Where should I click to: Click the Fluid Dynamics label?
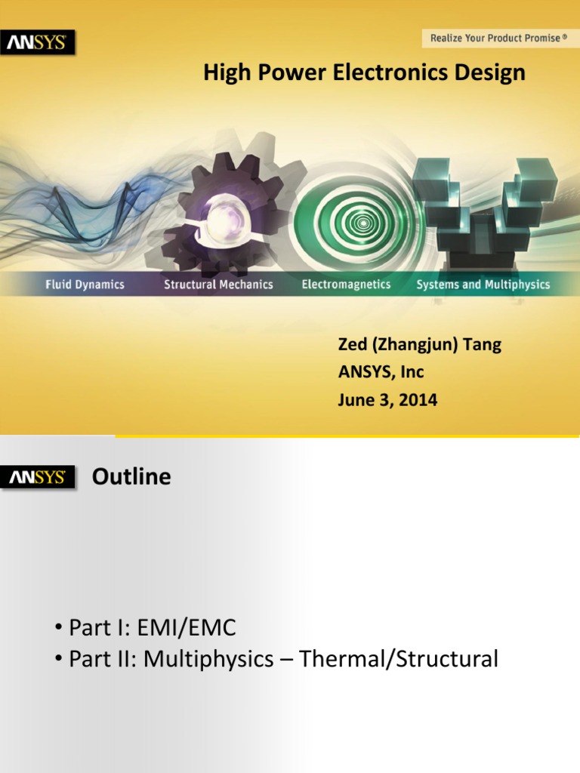(84, 285)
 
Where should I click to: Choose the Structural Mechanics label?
(218, 285)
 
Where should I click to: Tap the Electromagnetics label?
(346, 285)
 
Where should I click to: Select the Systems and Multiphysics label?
(483, 285)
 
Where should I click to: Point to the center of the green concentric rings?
(364, 223)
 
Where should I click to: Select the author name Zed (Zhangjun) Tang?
(419, 346)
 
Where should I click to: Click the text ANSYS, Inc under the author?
(381, 372)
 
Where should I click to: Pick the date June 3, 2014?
(387, 400)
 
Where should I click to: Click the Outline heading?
(131, 477)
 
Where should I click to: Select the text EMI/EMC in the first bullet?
(199, 627)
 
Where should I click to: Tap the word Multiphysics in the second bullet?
(208, 659)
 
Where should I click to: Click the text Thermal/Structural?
(399, 659)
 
